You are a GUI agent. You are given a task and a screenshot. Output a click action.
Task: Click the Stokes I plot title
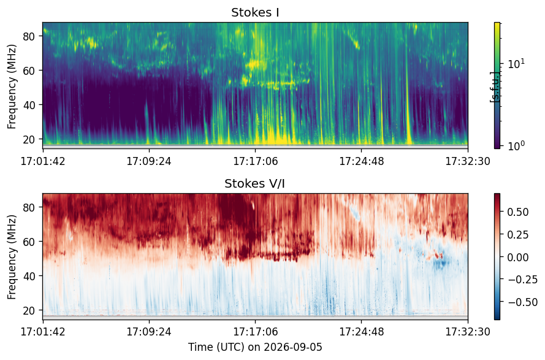(x=255, y=12)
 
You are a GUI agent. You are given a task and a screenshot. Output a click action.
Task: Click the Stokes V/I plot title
(x=255, y=183)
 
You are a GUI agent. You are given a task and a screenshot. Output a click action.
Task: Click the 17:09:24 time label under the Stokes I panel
(x=149, y=161)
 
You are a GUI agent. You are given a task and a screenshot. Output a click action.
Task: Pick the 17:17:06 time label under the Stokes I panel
(x=256, y=161)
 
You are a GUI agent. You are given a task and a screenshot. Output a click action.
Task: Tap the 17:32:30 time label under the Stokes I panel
(x=468, y=161)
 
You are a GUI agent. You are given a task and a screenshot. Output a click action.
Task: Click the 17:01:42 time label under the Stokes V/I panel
(x=43, y=331)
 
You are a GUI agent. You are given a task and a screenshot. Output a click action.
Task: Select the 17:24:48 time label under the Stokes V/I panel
(x=362, y=331)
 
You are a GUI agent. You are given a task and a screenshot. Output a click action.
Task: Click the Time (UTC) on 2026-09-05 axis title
(x=255, y=347)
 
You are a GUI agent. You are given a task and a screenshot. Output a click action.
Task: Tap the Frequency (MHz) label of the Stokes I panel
(x=12, y=86)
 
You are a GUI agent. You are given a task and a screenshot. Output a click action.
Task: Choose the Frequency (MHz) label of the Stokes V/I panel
(x=12, y=257)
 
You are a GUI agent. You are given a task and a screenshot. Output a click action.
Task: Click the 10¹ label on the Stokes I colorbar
(x=516, y=64)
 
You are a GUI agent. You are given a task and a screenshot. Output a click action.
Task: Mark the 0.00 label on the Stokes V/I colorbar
(x=518, y=258)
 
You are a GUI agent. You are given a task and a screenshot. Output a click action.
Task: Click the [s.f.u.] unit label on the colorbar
(x=494, y=87)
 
